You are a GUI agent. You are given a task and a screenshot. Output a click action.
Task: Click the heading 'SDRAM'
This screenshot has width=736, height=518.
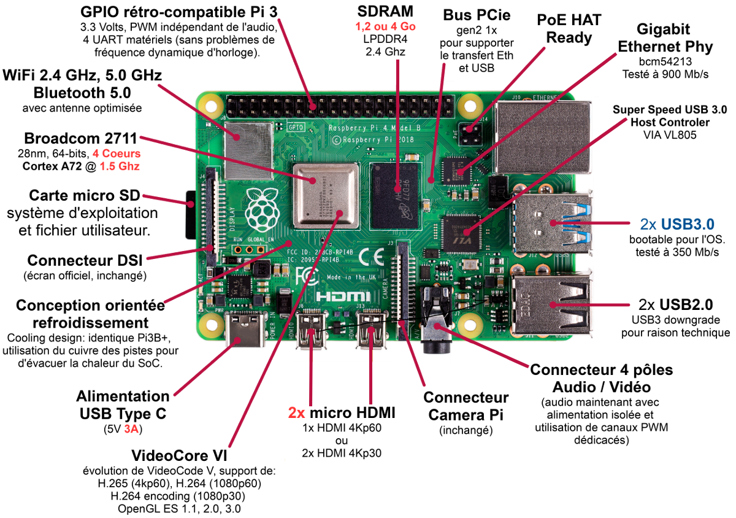pyautogui.click(x=385, y=11)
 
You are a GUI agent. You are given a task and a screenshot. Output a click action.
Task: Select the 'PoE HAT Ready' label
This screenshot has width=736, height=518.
pyautogui.click(x=569, y=29)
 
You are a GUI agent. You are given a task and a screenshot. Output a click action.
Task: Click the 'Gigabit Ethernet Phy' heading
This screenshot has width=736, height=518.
pyautogui.click(x=665, y=38)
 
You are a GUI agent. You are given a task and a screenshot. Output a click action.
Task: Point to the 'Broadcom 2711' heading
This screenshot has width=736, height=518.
pyautogui.click(x=80, y=137)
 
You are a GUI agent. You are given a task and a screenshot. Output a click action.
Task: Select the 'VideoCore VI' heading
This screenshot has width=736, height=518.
pyautogui.click(x=179, y=457)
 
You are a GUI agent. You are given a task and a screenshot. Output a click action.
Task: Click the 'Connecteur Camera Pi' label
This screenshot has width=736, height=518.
pyautogui.click(x=466, y=406)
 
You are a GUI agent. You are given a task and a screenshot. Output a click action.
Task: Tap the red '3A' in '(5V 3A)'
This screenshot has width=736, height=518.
pyautogui.click(x=131, y=429)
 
